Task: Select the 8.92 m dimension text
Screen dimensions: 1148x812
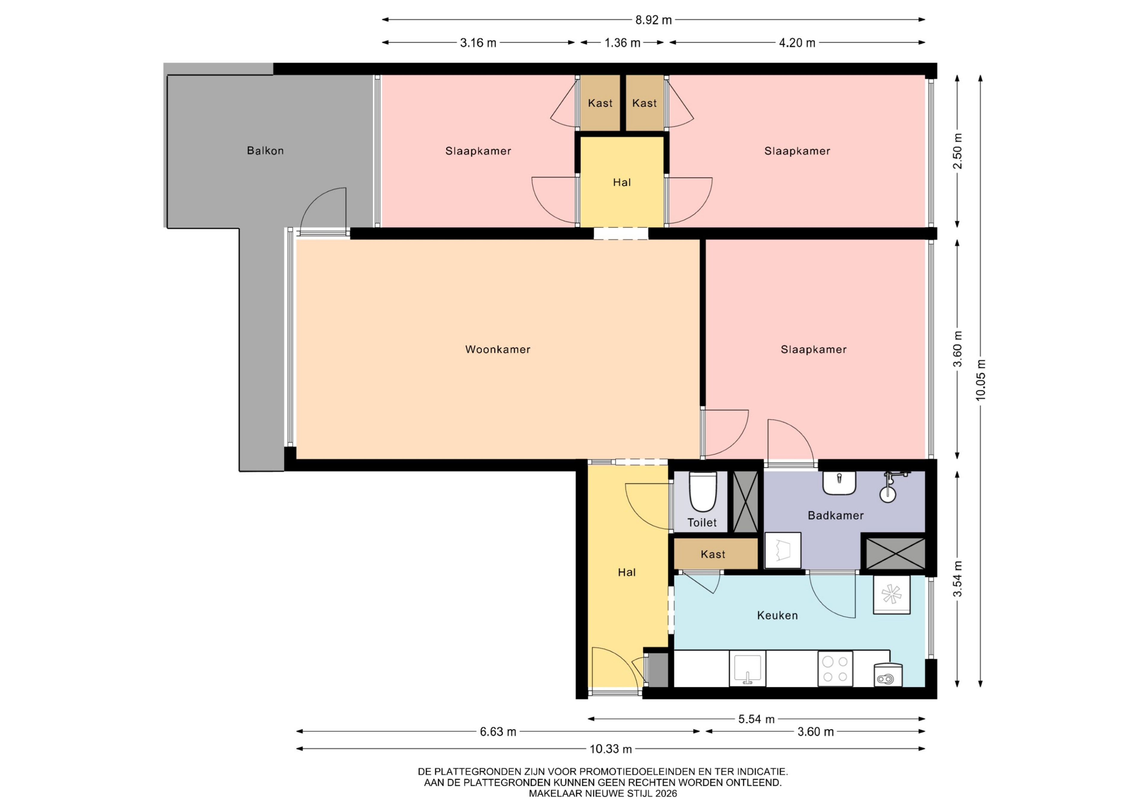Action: click(x=654, y=20)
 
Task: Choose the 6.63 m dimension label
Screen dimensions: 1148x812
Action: click(x=498, y=732)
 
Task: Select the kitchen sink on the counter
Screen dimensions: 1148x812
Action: click(x=747, y=668)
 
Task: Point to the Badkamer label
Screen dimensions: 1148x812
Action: click(x=836, y=515)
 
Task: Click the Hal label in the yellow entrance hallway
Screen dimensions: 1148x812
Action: click(x=627, y=572)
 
